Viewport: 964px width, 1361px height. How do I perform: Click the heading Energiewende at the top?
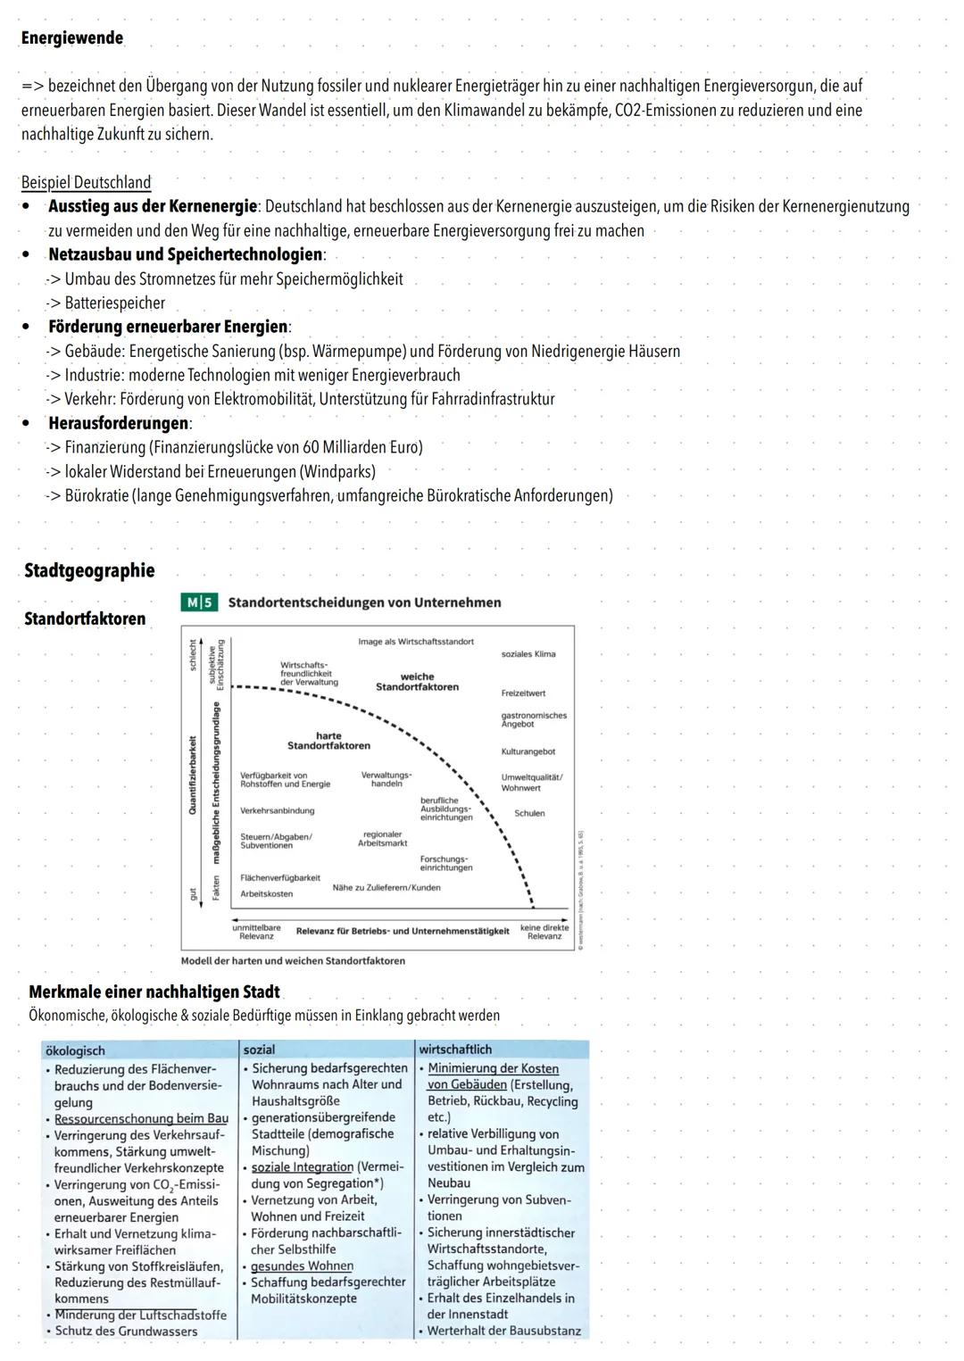click(71, 38)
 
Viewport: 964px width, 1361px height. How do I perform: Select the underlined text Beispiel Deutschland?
click(86, 183)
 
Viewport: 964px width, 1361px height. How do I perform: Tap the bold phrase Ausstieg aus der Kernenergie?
click(152, 207)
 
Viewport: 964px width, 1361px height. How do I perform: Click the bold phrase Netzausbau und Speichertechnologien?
click(186, 255)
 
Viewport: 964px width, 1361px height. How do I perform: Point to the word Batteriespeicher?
click(114, 303)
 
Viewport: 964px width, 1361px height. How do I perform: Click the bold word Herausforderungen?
click(118, 423)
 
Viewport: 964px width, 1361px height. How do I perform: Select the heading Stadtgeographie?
click(89, 571)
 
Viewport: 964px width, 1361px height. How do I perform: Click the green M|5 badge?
click(198, 602)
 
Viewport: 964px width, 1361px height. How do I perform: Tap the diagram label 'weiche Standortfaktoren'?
click(417, 682)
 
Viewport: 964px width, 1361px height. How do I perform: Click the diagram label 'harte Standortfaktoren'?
click(328, 741)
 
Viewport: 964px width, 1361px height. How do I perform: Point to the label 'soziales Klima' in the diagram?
click(528, 654)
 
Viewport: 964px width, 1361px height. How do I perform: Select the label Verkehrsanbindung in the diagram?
click(277, 811)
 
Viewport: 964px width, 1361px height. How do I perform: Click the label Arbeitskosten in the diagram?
click(266, 894)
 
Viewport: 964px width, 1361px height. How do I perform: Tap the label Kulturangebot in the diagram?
click(528, 752)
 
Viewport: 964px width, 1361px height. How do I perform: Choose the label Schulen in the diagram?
click(529, 814)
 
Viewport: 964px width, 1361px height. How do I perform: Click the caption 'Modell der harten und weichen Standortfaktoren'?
click(293, 961)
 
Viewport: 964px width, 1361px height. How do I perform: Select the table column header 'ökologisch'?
click(75, 1051)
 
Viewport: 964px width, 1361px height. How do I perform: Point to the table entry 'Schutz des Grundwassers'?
click(126, 1332)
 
